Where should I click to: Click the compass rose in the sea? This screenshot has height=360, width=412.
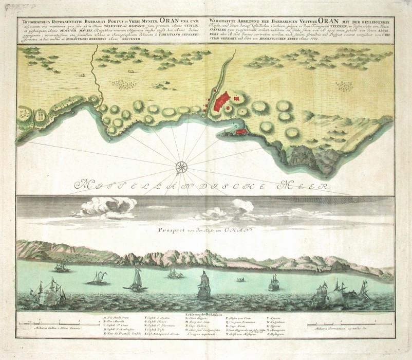[x=181, y=166]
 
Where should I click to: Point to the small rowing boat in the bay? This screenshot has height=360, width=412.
[x=240, y=280]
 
